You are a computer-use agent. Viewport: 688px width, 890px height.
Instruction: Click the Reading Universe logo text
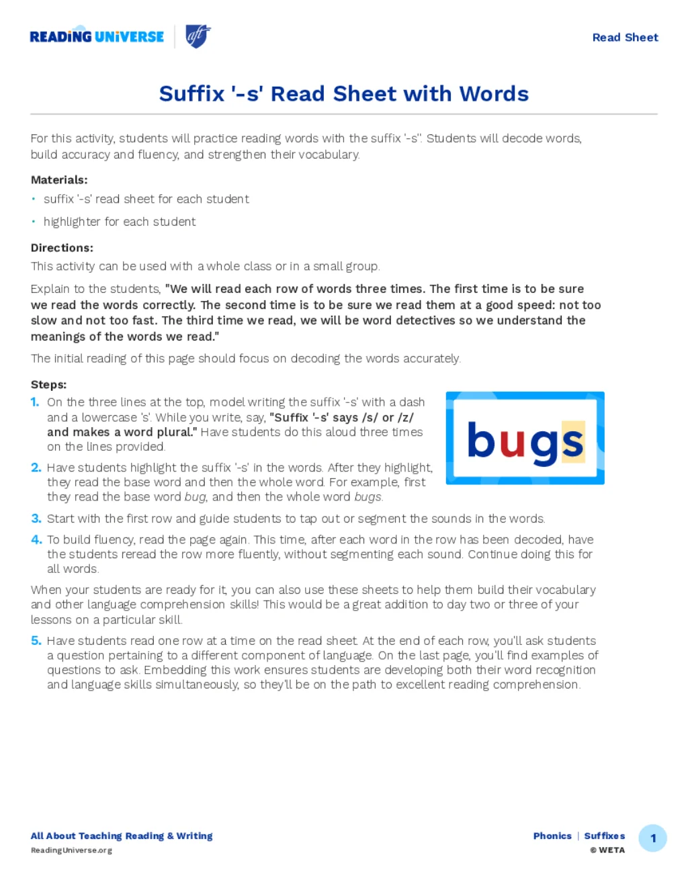coord(97,37)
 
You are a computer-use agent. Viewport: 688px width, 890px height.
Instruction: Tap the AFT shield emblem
coord(198,36)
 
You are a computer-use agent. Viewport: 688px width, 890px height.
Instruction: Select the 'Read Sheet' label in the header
coord(625,38)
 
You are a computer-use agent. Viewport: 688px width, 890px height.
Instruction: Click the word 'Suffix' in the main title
coord(191,94)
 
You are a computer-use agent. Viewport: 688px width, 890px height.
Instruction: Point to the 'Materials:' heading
coord(59,180)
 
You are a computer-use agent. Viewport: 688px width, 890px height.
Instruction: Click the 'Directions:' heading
coord(62,248)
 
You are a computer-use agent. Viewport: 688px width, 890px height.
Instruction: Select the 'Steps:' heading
coord(48,385)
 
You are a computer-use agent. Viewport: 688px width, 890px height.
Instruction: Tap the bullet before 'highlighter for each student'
coord(34,222)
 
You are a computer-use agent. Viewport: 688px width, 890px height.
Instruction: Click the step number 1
coord(35,402)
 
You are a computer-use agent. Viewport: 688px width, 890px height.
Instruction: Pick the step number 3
coord(36,519)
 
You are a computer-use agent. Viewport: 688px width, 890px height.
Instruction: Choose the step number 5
coord(36,641)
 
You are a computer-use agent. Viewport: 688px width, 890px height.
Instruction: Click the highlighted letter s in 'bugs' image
coord(572,442)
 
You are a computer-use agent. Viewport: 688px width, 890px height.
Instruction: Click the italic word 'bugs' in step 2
coord(368,497)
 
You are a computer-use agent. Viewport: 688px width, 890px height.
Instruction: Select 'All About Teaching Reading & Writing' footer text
coord(122,836)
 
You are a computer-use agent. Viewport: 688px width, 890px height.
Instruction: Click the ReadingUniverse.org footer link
coord(71,850)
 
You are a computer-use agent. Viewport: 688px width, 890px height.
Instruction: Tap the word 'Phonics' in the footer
coord(552,836)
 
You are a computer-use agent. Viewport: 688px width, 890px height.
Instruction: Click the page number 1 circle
coord(652,838)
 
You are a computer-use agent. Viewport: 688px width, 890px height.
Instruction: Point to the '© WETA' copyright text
coord(607,850)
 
